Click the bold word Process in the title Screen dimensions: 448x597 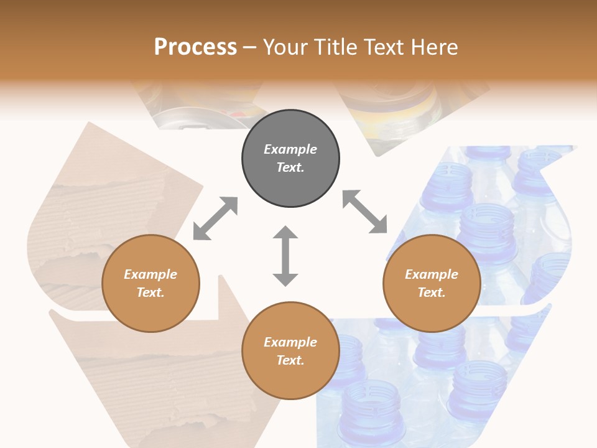(x=195, y=47)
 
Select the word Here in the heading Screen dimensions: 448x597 (x=435, y=47)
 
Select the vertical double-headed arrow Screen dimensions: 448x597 (x=285, y=256)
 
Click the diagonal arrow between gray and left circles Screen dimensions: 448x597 (x=215, y=218)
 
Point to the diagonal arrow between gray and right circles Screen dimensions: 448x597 (x=364, y=212)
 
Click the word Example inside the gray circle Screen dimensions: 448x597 (x=290, y=149)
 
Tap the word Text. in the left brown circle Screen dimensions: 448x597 (x=150, y=292)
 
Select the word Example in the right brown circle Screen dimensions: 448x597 (x=431, y=274)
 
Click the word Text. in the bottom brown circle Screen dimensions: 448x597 (x=290, y=360)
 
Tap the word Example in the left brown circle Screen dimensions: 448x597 (x=150, y=274)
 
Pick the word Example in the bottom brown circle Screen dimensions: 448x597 (x=290, y=342)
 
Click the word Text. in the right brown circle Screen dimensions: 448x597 (x=431, y=292)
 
